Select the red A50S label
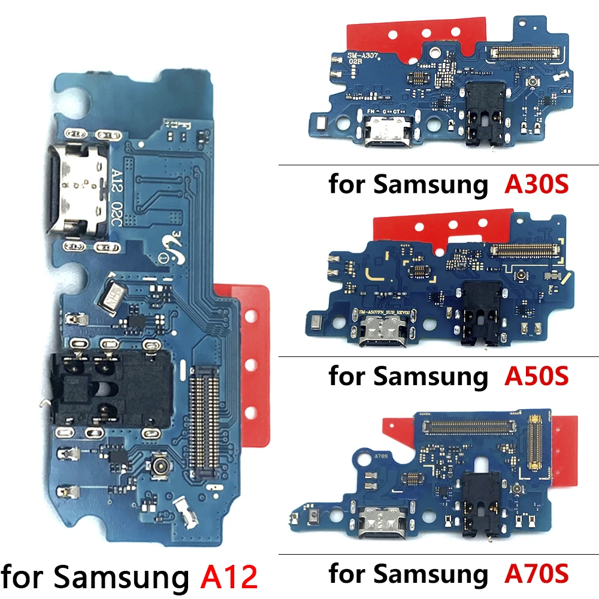537,376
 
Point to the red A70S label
537,573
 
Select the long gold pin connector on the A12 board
204,419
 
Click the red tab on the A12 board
252,365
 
